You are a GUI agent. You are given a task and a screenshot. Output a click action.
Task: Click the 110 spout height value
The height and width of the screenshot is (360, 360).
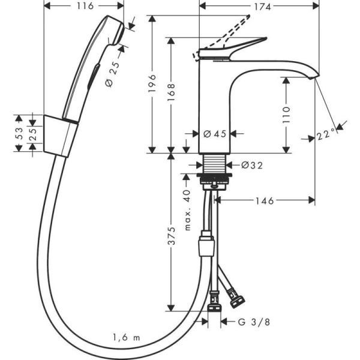point(286,114)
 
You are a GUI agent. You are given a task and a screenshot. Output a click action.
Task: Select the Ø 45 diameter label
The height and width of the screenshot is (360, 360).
point(214,134)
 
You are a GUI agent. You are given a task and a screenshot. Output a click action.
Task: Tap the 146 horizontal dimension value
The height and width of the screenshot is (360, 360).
point(264,201)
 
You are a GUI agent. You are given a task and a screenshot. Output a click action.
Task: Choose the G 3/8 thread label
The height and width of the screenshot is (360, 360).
point(247,322)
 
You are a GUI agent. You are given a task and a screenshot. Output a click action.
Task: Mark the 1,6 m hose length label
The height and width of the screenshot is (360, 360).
point(125,338)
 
